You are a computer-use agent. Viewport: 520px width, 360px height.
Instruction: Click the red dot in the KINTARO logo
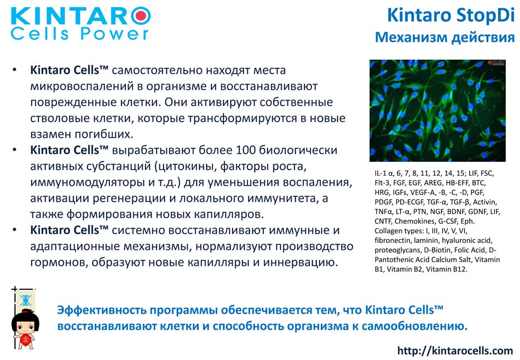(141, 15)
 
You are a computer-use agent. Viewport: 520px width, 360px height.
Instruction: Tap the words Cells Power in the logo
(79, 34)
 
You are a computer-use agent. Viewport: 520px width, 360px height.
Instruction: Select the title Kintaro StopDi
(450, 15)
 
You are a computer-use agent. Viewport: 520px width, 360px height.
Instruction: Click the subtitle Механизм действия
(444, 37)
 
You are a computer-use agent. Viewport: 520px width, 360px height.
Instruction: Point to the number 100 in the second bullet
(245, 150)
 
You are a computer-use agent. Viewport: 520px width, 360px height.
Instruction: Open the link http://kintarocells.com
(455, 351)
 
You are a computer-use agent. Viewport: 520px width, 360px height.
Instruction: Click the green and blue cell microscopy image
(437, 111)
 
